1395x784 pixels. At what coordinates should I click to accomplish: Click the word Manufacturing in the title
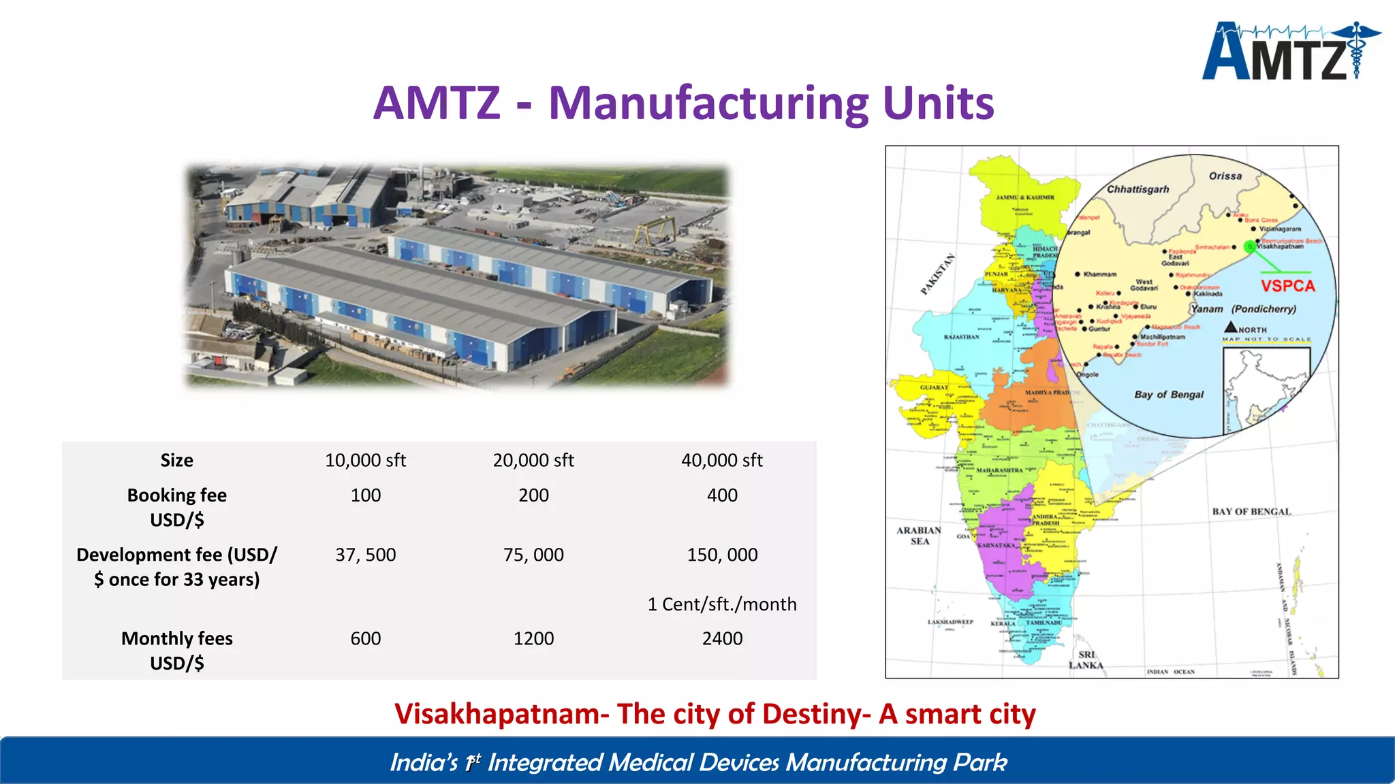click(x=708, y=103)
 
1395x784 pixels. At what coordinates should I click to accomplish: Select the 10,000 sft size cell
click(x=365, y=461)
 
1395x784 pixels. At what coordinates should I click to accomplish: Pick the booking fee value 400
click(x=722, y=495)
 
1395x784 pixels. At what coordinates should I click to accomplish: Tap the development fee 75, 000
click(x=533, y=555)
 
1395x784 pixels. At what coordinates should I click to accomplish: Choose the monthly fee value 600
click(x=365, y=638)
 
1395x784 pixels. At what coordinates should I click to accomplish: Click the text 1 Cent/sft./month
click(x=722, y=604)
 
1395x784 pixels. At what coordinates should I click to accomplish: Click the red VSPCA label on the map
click(x=1287, y=286)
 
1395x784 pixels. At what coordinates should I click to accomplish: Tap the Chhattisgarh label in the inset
click(x=1138, y=189)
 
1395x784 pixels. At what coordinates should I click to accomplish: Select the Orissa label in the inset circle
click(x=1225, y=176)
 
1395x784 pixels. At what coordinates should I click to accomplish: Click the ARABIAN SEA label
click(x=919, y=536)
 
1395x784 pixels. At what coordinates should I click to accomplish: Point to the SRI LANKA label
click(x=1086, y=660)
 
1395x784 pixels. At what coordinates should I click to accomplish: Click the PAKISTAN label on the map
click(x=938, y=274)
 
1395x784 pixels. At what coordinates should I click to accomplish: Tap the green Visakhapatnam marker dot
click(x=1250, y=247)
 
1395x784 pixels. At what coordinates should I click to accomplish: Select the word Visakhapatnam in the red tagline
click(x=501, y=714)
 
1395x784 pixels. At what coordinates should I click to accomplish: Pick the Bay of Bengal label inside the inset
click(x=1169, y=395)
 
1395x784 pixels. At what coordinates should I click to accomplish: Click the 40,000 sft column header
click(x=722, y=461)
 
